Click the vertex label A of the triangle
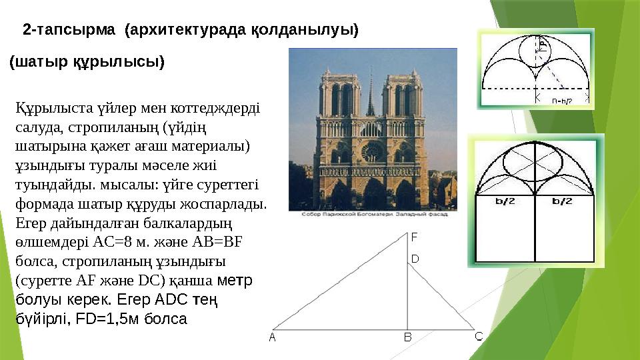[272, 337]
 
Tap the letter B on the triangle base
[409, 337]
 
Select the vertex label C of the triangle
[479, 336]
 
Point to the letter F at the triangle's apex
[414, 237]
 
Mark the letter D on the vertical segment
[414, 258]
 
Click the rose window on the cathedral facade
[371, 152]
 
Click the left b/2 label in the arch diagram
[507, 200]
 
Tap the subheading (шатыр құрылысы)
[87, 63]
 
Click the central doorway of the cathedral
[371, 193]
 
